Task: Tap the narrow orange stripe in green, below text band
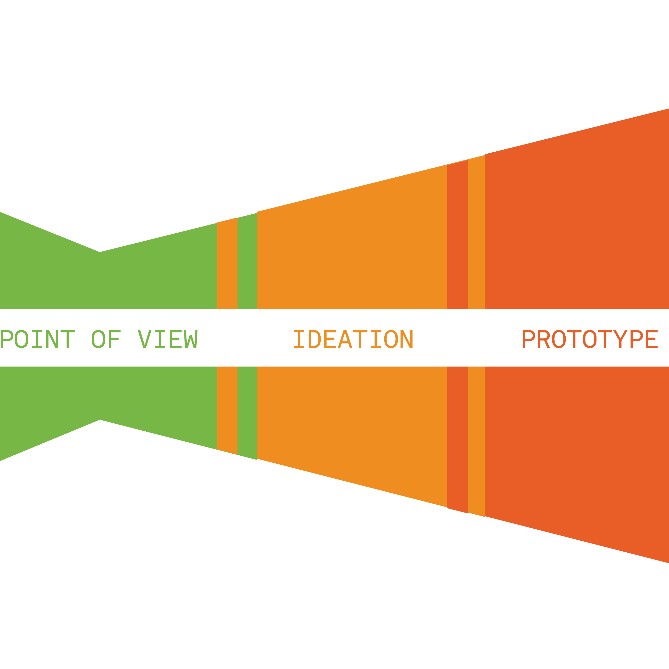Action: [227, 409]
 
